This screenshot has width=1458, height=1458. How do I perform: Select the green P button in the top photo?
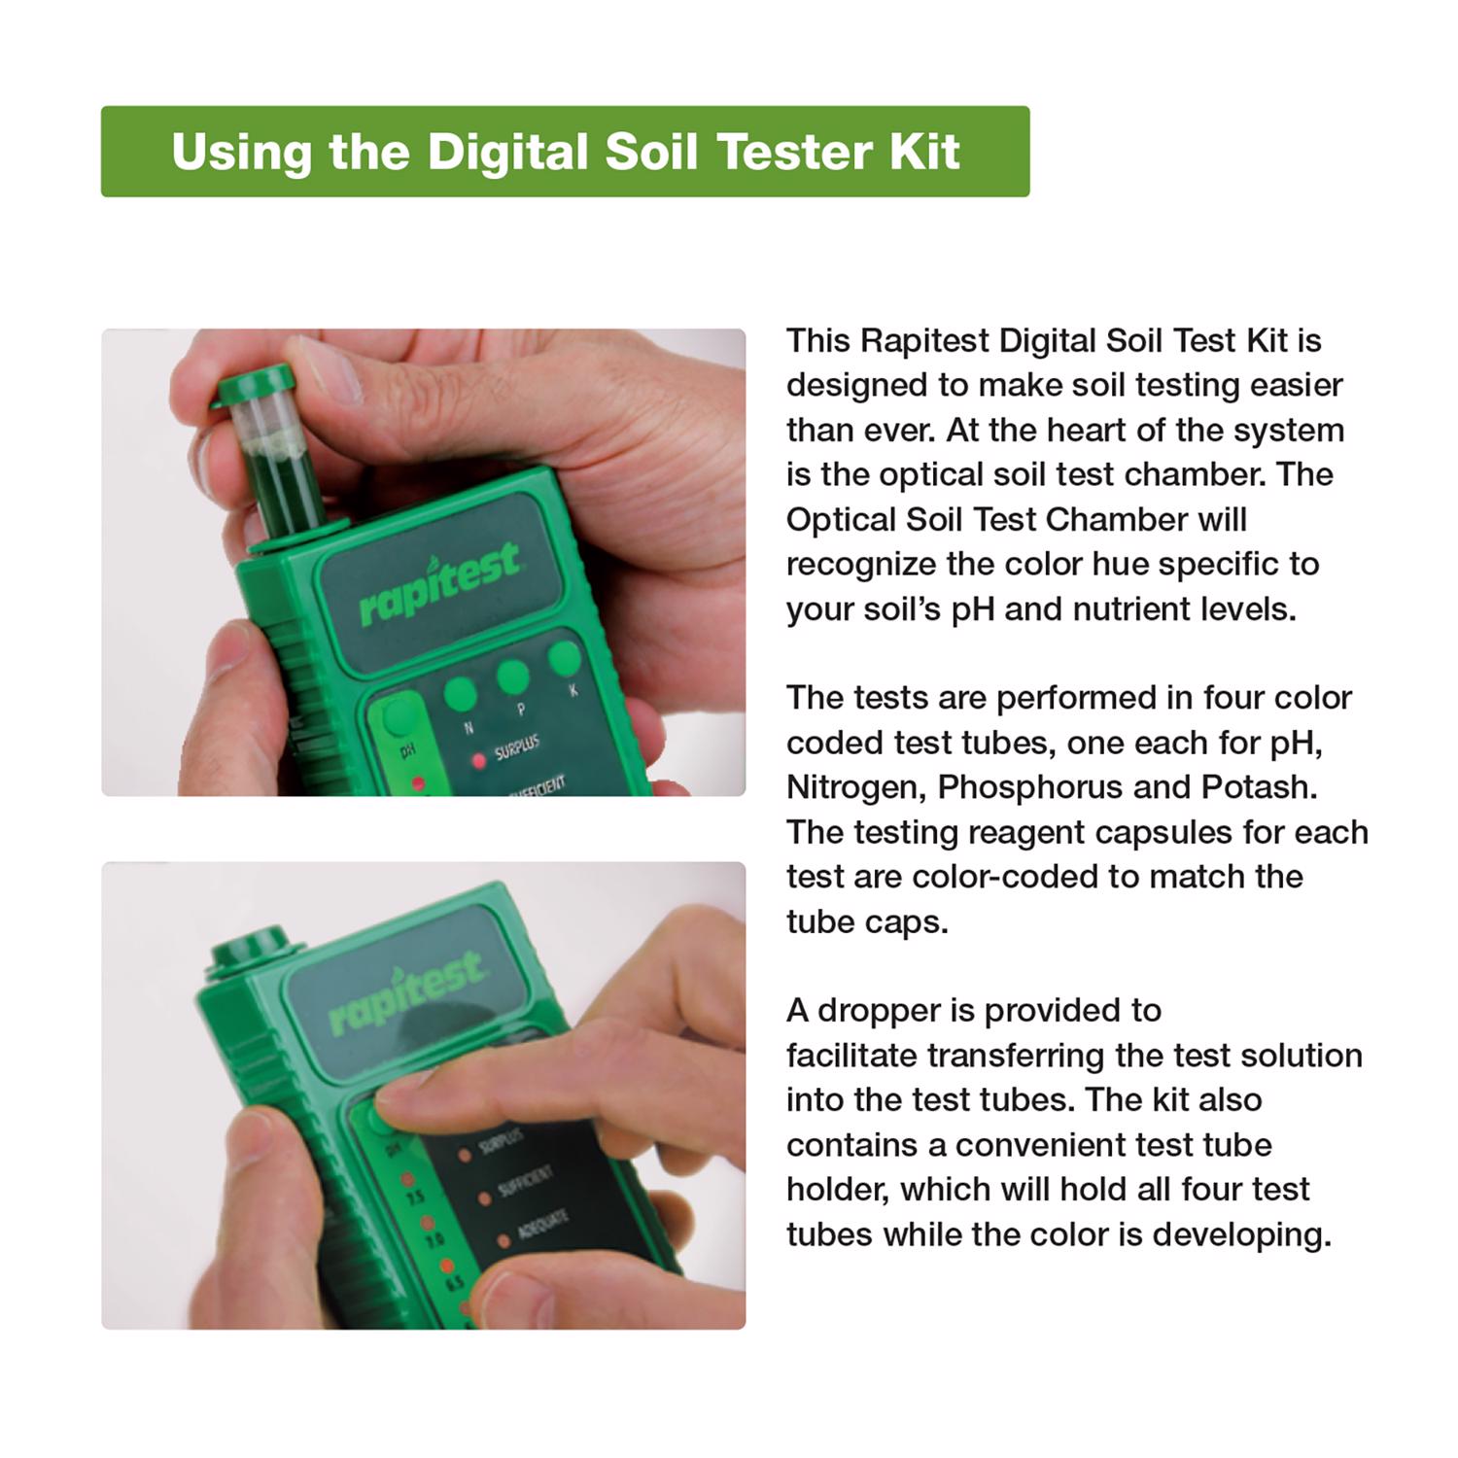coord(512,677)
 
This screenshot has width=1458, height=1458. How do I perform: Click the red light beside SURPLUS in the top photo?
coord(478,761)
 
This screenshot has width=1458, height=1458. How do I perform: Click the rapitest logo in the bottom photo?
coord(405,993)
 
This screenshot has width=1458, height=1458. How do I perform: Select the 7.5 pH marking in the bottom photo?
coord(414,1198)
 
